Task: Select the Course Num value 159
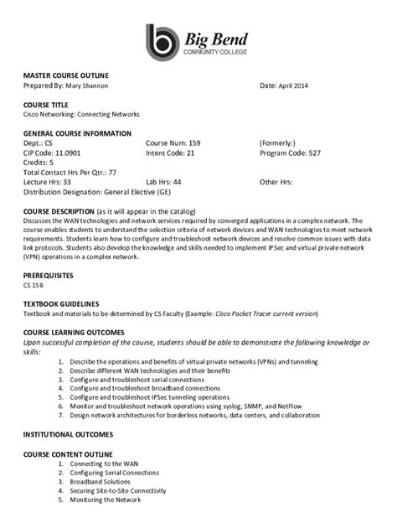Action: click(x=194, y=143)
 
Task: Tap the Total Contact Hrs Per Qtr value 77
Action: click(x=111, y=172)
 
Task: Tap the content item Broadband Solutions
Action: click(x=101, y=482)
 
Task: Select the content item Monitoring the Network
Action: click(x=105, y=500)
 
